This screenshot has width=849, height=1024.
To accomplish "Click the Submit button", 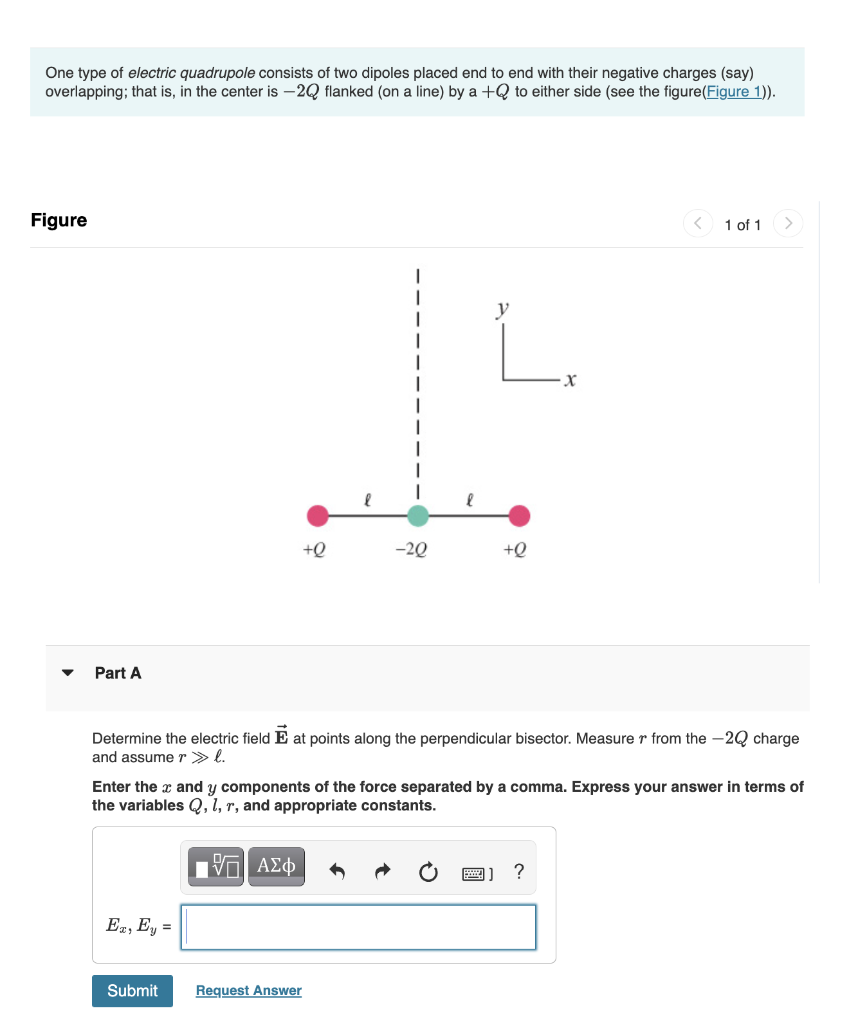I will [x=132, y=990].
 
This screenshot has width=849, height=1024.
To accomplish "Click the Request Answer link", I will [x=248, y=990].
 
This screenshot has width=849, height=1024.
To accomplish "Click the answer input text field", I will [x=360, y=927].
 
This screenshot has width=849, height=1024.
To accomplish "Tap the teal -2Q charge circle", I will [x=418, y=516].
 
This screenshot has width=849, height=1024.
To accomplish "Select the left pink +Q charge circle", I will [x=317, y=516].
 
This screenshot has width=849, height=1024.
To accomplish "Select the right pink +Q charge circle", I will [x=519, y=516].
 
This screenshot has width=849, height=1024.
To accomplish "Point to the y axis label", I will [x=502, y=311].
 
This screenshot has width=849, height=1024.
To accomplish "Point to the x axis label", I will [x=570, y=379].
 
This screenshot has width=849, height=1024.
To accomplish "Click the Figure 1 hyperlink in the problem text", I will [x=739, y=92].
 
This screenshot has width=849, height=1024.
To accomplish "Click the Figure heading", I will [x=59, y=220].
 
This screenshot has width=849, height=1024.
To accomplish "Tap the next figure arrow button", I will [x=788, y=223].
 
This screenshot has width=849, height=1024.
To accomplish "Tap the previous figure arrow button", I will [x=698, y=223].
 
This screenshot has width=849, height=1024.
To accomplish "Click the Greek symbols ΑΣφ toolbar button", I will [x=276, y=866].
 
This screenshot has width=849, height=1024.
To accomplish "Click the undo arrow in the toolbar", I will [x=337, y=872].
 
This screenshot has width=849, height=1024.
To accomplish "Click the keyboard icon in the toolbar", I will [x=476, y=872].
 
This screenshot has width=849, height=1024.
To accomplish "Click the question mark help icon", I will [x=518, y=871].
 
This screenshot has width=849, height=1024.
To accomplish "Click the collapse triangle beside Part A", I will [x=68, y=673].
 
